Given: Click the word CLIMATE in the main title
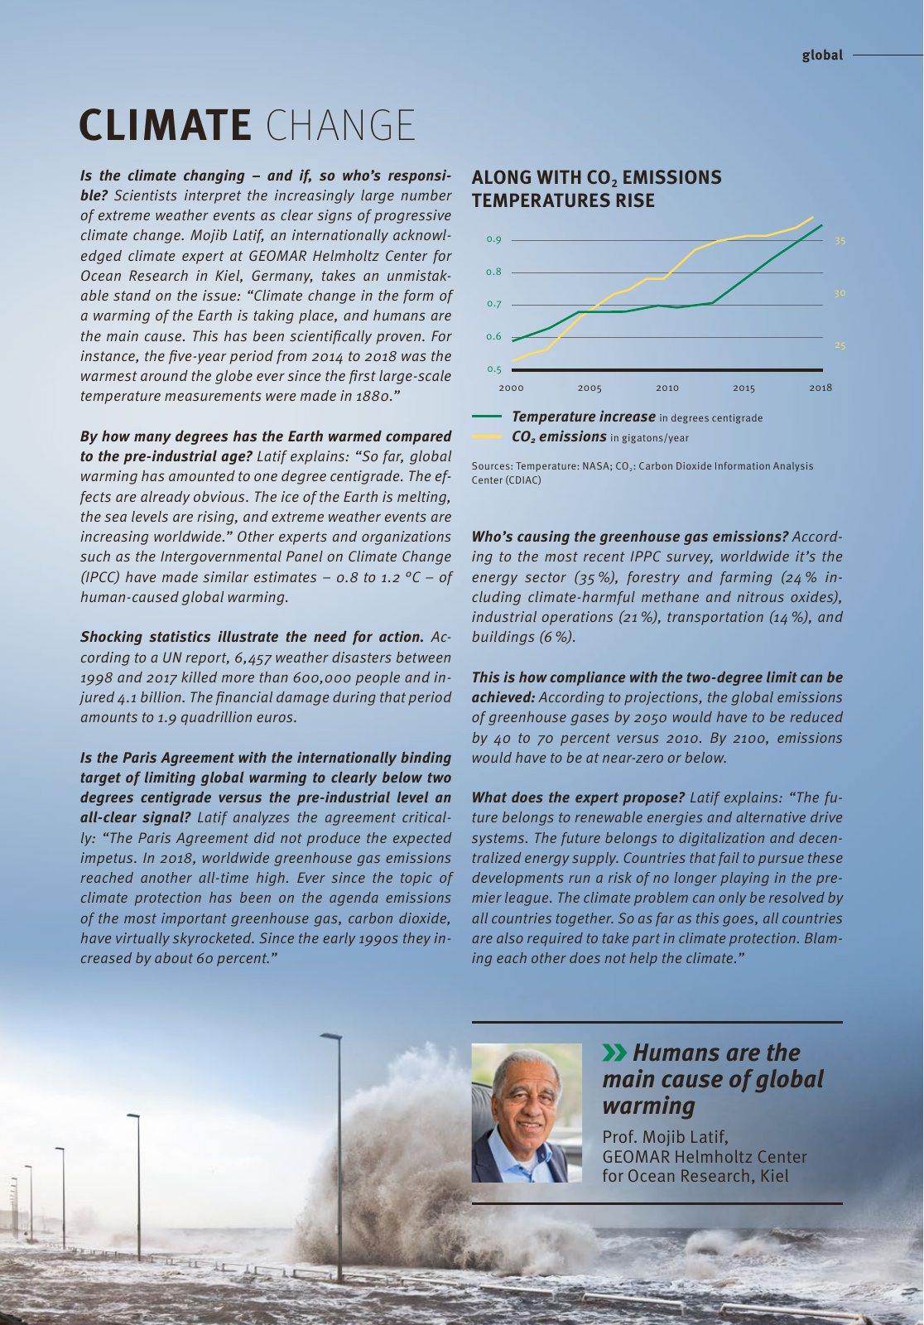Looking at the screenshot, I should (x=165, y=125).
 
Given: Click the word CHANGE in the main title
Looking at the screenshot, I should (x=340, y=125).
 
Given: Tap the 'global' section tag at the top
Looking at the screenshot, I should (x=821, y=55).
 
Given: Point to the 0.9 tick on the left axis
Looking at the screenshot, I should (x=493, y=240).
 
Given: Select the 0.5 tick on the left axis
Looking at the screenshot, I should (x=493, y=369).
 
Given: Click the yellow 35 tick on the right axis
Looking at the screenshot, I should (x=840, y=241).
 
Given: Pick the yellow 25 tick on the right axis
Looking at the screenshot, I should (x=840, y=346).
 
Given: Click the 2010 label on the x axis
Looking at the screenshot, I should (x=667, y=388).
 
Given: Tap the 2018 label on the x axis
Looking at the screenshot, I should (x=820, y=388).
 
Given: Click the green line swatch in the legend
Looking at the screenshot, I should (x=487, y=417).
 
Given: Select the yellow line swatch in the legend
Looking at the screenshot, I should (x=487, y=436).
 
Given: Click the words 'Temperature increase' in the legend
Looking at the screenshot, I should (x=583, y=417).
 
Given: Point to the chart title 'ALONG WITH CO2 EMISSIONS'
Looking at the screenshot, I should (x=595, y=178).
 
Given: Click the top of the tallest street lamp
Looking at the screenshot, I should (x=331, y=1036).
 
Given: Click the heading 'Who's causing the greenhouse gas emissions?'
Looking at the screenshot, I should (x=629, y=537).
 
